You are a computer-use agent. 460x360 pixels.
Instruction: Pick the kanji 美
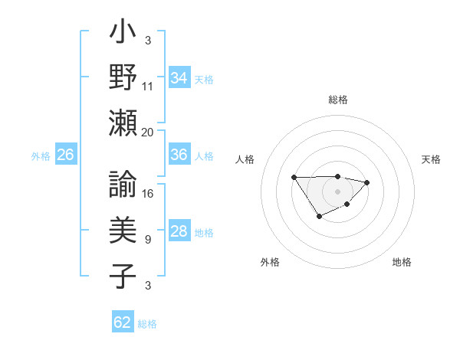click(x=123, y=229)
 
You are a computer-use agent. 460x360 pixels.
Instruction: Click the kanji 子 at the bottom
click(x=123, y=274)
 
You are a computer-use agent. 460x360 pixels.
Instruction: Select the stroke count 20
click(x=148, y=133)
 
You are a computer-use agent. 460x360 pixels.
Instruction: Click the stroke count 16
click(x=148, y=194)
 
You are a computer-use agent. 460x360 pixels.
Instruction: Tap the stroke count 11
click(x=148, y=87)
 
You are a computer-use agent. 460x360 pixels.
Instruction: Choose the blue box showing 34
click(x=179, y=77)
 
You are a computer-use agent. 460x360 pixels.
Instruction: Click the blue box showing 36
click(x=179, y=155)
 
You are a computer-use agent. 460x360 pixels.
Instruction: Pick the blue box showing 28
click(x=179, y=231)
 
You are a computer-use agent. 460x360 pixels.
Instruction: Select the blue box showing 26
click(x=66, y=155)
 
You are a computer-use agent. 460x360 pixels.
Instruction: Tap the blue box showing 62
click(x=123, y=322)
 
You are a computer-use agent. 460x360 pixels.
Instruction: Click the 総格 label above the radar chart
click(x=337, y=100)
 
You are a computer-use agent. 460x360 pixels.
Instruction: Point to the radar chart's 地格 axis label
click(x=402, y=262)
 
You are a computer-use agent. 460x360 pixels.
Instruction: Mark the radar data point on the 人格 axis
click(x=294, y=177)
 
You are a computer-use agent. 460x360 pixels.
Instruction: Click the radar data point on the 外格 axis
click(x=319, y=217)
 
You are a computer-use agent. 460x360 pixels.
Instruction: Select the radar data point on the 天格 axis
click(x=367, y=182)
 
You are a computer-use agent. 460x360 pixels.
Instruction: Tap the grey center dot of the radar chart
click(x=337, y=191)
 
